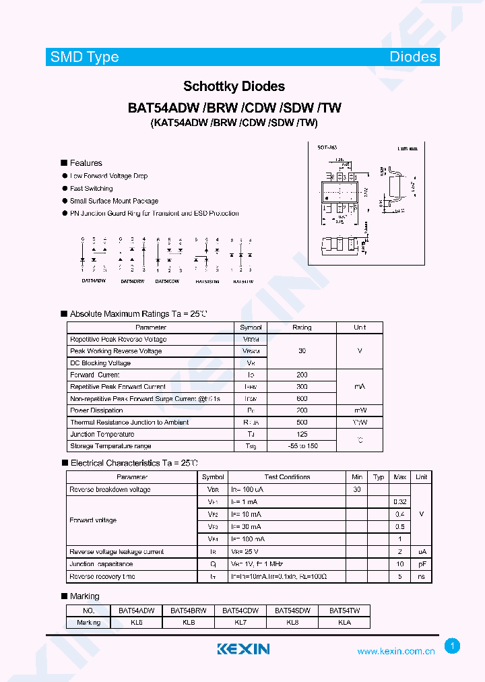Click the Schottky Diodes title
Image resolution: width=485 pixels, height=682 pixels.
[x=234, y=86]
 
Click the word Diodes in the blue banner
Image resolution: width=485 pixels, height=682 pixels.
[x=413, y=57]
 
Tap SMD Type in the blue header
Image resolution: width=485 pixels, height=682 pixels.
[x=85, y=57]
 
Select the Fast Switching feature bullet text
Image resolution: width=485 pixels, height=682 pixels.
[x=92, y=189]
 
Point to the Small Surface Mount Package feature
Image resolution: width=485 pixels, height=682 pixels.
[x=114, y=201]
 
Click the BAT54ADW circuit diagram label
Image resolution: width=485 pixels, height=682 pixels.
[x=94, y=280]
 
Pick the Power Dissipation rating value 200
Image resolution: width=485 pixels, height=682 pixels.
[x=302, y=410]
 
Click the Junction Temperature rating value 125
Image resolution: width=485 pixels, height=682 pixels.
[x=302, y=434]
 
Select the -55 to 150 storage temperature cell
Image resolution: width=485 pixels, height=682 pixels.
[x=302, y=446]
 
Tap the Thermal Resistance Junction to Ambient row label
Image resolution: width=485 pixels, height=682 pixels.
[x=129, y=423]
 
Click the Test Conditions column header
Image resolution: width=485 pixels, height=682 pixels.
[x=287, y=477]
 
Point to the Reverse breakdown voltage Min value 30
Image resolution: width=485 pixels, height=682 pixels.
[x=356, y=490]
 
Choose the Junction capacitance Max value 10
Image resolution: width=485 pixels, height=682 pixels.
[x=399, y=564]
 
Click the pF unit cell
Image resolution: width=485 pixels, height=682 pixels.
[x=421, y=564]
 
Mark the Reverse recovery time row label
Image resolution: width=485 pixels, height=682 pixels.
[x=102, y=577]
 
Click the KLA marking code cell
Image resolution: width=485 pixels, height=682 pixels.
[x=344, y=623]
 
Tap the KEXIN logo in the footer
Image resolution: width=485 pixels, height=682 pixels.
[x=243, y=649]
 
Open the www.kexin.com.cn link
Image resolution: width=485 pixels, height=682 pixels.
[x=395, y=652]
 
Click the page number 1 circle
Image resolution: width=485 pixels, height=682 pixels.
[x=453, y=646]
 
